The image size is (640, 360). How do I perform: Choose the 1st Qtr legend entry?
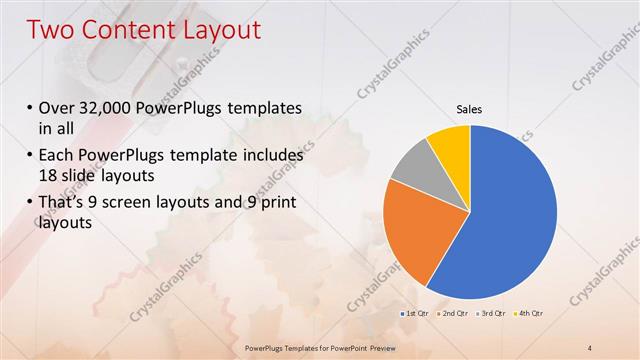[x=417, y=314]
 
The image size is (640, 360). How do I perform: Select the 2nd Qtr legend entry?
[x=454, y=314]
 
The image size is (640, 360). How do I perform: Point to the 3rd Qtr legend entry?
[x=492, y=314]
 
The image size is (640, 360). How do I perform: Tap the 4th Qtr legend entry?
[x=529, y=314]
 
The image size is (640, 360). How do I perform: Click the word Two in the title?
[x=51, y=30]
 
